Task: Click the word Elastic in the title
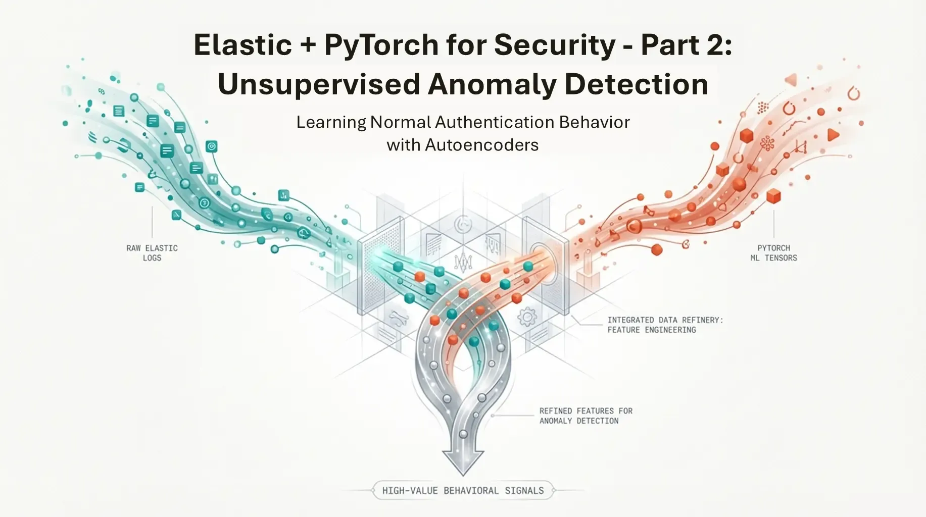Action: click(x=243, y=45)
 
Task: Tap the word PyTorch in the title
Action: click(x=381, y=45)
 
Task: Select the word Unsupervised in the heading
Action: click(x=319, y=84)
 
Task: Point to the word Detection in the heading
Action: click(x=637, y=84)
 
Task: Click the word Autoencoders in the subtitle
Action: click(x=481, y=145)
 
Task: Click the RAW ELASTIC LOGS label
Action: click(x=152, y=253)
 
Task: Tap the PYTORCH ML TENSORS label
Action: click(x=773, y=253)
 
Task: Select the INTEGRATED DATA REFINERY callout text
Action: click(x=665, y=325)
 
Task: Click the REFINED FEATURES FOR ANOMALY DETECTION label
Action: click(x=586, y=416)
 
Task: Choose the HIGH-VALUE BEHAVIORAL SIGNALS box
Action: click(x=463, y=490)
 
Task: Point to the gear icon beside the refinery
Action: click(x=527, y=317)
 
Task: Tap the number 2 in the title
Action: click(x=717, y=45)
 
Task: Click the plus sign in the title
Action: click(x=308, y=45)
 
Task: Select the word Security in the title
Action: click(x=555, y=45)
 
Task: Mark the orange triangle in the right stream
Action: click(x=833, y=135)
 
